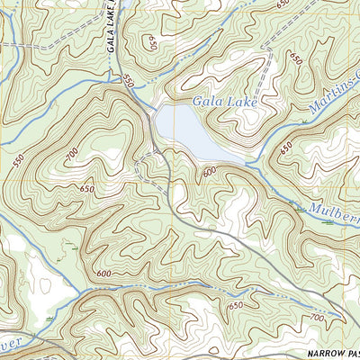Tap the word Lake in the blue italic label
243,103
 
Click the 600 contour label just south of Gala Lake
209,171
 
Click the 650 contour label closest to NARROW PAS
237,307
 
